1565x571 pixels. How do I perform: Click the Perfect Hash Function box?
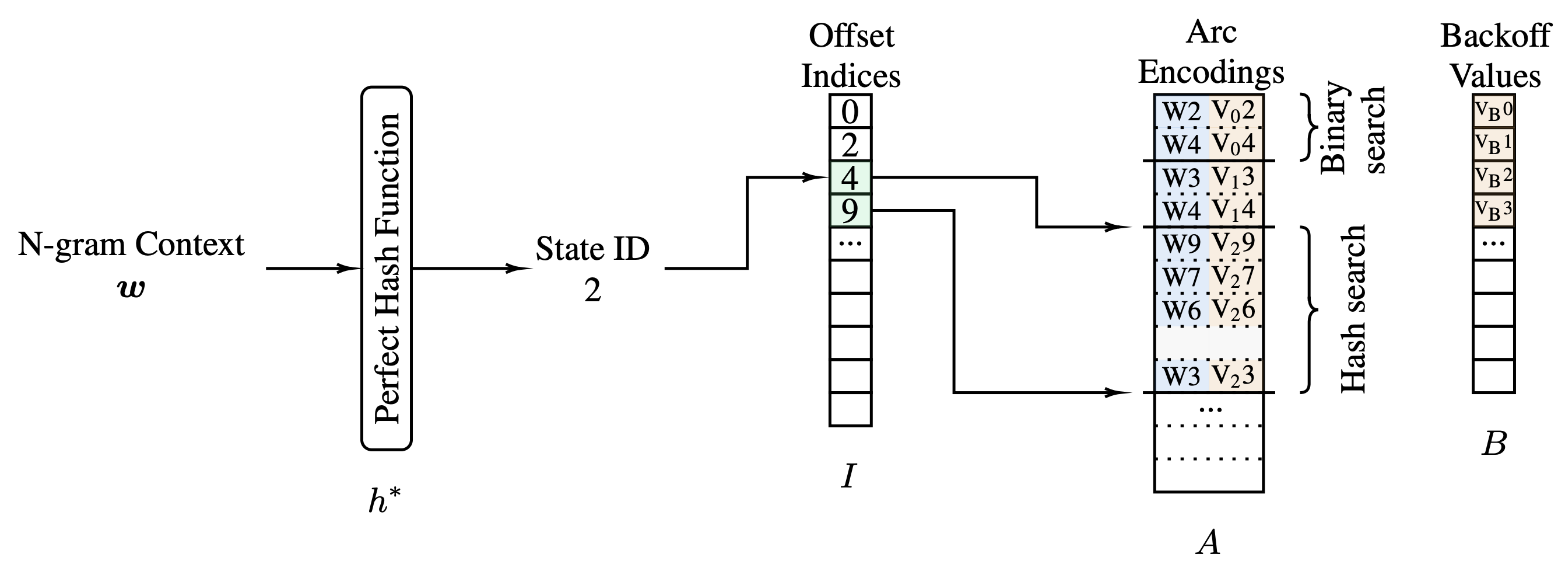pyautogui.click(x=387, y=268)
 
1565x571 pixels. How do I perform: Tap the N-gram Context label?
pyautogui.click(x=131, y=245)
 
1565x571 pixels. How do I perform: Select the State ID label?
pyautogui.click(x=592, y=249)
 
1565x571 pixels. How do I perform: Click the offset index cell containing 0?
pyautogui.click(x=850, y=112)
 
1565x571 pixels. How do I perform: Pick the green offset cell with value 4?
pyautogui.click(x=850, y=178)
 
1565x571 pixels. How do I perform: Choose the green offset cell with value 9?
pyautogui.click(x=850, y=211)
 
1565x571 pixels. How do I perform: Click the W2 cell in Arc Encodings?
pyautogui.click(x=1181, y=112)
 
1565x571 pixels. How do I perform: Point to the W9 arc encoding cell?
pyautogui.click(x=1181, y=244)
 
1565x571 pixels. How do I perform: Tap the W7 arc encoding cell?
pyautogui.click(x=1181, y=277)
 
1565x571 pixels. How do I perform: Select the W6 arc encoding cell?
pyautogui.click(x=1181, y=310)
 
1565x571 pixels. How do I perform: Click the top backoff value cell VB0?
pyautogui.click(x=1493, y=111)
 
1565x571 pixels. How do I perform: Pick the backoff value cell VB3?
pyautogui.click(x=1493, y=211)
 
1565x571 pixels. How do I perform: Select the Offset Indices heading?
pyautogui.click(x=851, y=56)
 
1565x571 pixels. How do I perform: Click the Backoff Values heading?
pyautogui.click(x=1495, y=56)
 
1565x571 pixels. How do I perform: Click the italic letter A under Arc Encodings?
pyautogui.click(x=1208, y=542)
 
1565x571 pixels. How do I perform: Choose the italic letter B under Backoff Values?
pyautogui.click(x=1494, y=444)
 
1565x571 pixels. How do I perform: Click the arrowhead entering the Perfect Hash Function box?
pyautogui.click(x=352, y=268)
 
